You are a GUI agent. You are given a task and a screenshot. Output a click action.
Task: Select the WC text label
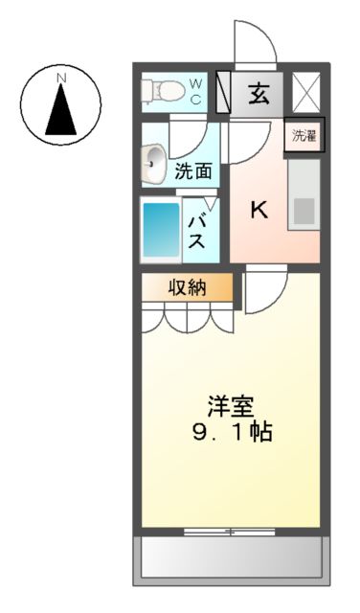pos(195,92)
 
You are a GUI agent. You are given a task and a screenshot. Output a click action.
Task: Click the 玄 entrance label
pos(259,93)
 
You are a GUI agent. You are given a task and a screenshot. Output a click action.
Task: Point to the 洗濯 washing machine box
pos(304,134)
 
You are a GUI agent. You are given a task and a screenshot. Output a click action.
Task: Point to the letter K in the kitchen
pos(259,211)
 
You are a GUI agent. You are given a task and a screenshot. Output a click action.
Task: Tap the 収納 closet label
pos(188,287)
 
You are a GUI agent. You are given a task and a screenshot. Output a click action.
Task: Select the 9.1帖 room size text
pos(231,432)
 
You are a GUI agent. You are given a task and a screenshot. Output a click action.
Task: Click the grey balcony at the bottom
pos(231,556)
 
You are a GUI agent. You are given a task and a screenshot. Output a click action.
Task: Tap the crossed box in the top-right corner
pos(306,93)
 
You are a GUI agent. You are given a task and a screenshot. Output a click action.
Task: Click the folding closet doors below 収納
pos(188,318)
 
